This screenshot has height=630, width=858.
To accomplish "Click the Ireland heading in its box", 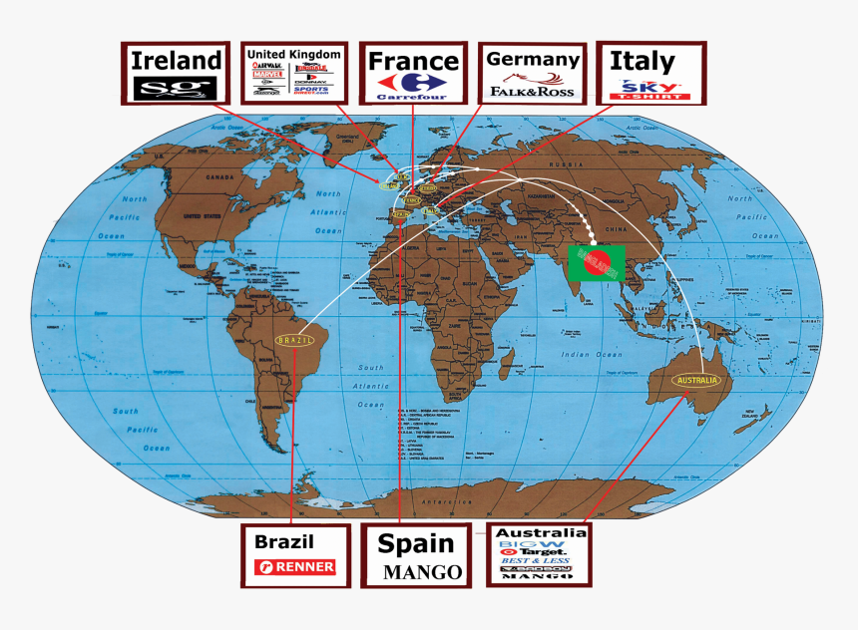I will (176, 60).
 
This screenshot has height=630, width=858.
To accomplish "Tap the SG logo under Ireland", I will (176, 88).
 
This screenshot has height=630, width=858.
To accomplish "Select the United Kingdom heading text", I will (293, 54).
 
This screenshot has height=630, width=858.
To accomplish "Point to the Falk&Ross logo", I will (533, 90).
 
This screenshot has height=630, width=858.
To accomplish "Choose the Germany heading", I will (533, 60).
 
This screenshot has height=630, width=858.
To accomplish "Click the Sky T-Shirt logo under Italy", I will (649, 90).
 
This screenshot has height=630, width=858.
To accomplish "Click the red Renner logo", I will (294, 568).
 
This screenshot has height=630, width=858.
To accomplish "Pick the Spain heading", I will (416, 544).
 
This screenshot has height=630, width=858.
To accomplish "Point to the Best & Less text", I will (537, 561).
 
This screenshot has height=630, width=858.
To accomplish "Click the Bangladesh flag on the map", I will (597, 261).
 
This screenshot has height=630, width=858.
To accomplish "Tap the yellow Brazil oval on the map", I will (295, 340).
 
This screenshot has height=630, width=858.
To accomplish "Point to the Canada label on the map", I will (218, 176).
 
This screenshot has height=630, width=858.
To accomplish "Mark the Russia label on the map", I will (570, 163).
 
